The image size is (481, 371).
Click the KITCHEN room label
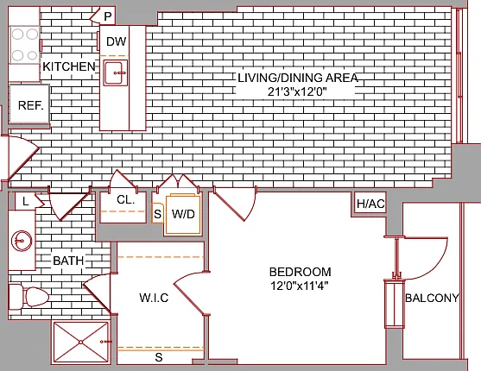click(x=69, y=66)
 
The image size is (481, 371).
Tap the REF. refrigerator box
click(x=29, y=104)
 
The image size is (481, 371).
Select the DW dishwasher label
click(x=117, y=41)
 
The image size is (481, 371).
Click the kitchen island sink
click(x=116, y=73)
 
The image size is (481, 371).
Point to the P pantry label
click(x=107, y=16)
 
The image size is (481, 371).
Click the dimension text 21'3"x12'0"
click(x=296, y=91)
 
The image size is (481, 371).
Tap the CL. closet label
click(x=126, y=200)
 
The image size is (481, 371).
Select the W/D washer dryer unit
click(x=183, y=214)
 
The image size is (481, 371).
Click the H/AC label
click(x=370, y=204)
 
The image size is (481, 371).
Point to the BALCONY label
click(x=432, y=298)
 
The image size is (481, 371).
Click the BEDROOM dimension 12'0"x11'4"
click(x=300, y=286)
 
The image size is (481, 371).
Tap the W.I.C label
click(x=154, y=298)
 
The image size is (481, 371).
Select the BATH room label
click(x=68, y=261)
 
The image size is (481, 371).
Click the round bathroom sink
click(x=22, y=241)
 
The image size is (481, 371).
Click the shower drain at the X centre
click(x=80, y=342)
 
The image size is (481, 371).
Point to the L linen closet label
click(x=25, y=201)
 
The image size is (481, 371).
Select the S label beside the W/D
click(x=157, y=214)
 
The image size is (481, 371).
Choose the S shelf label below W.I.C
click(x=159, y=357)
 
